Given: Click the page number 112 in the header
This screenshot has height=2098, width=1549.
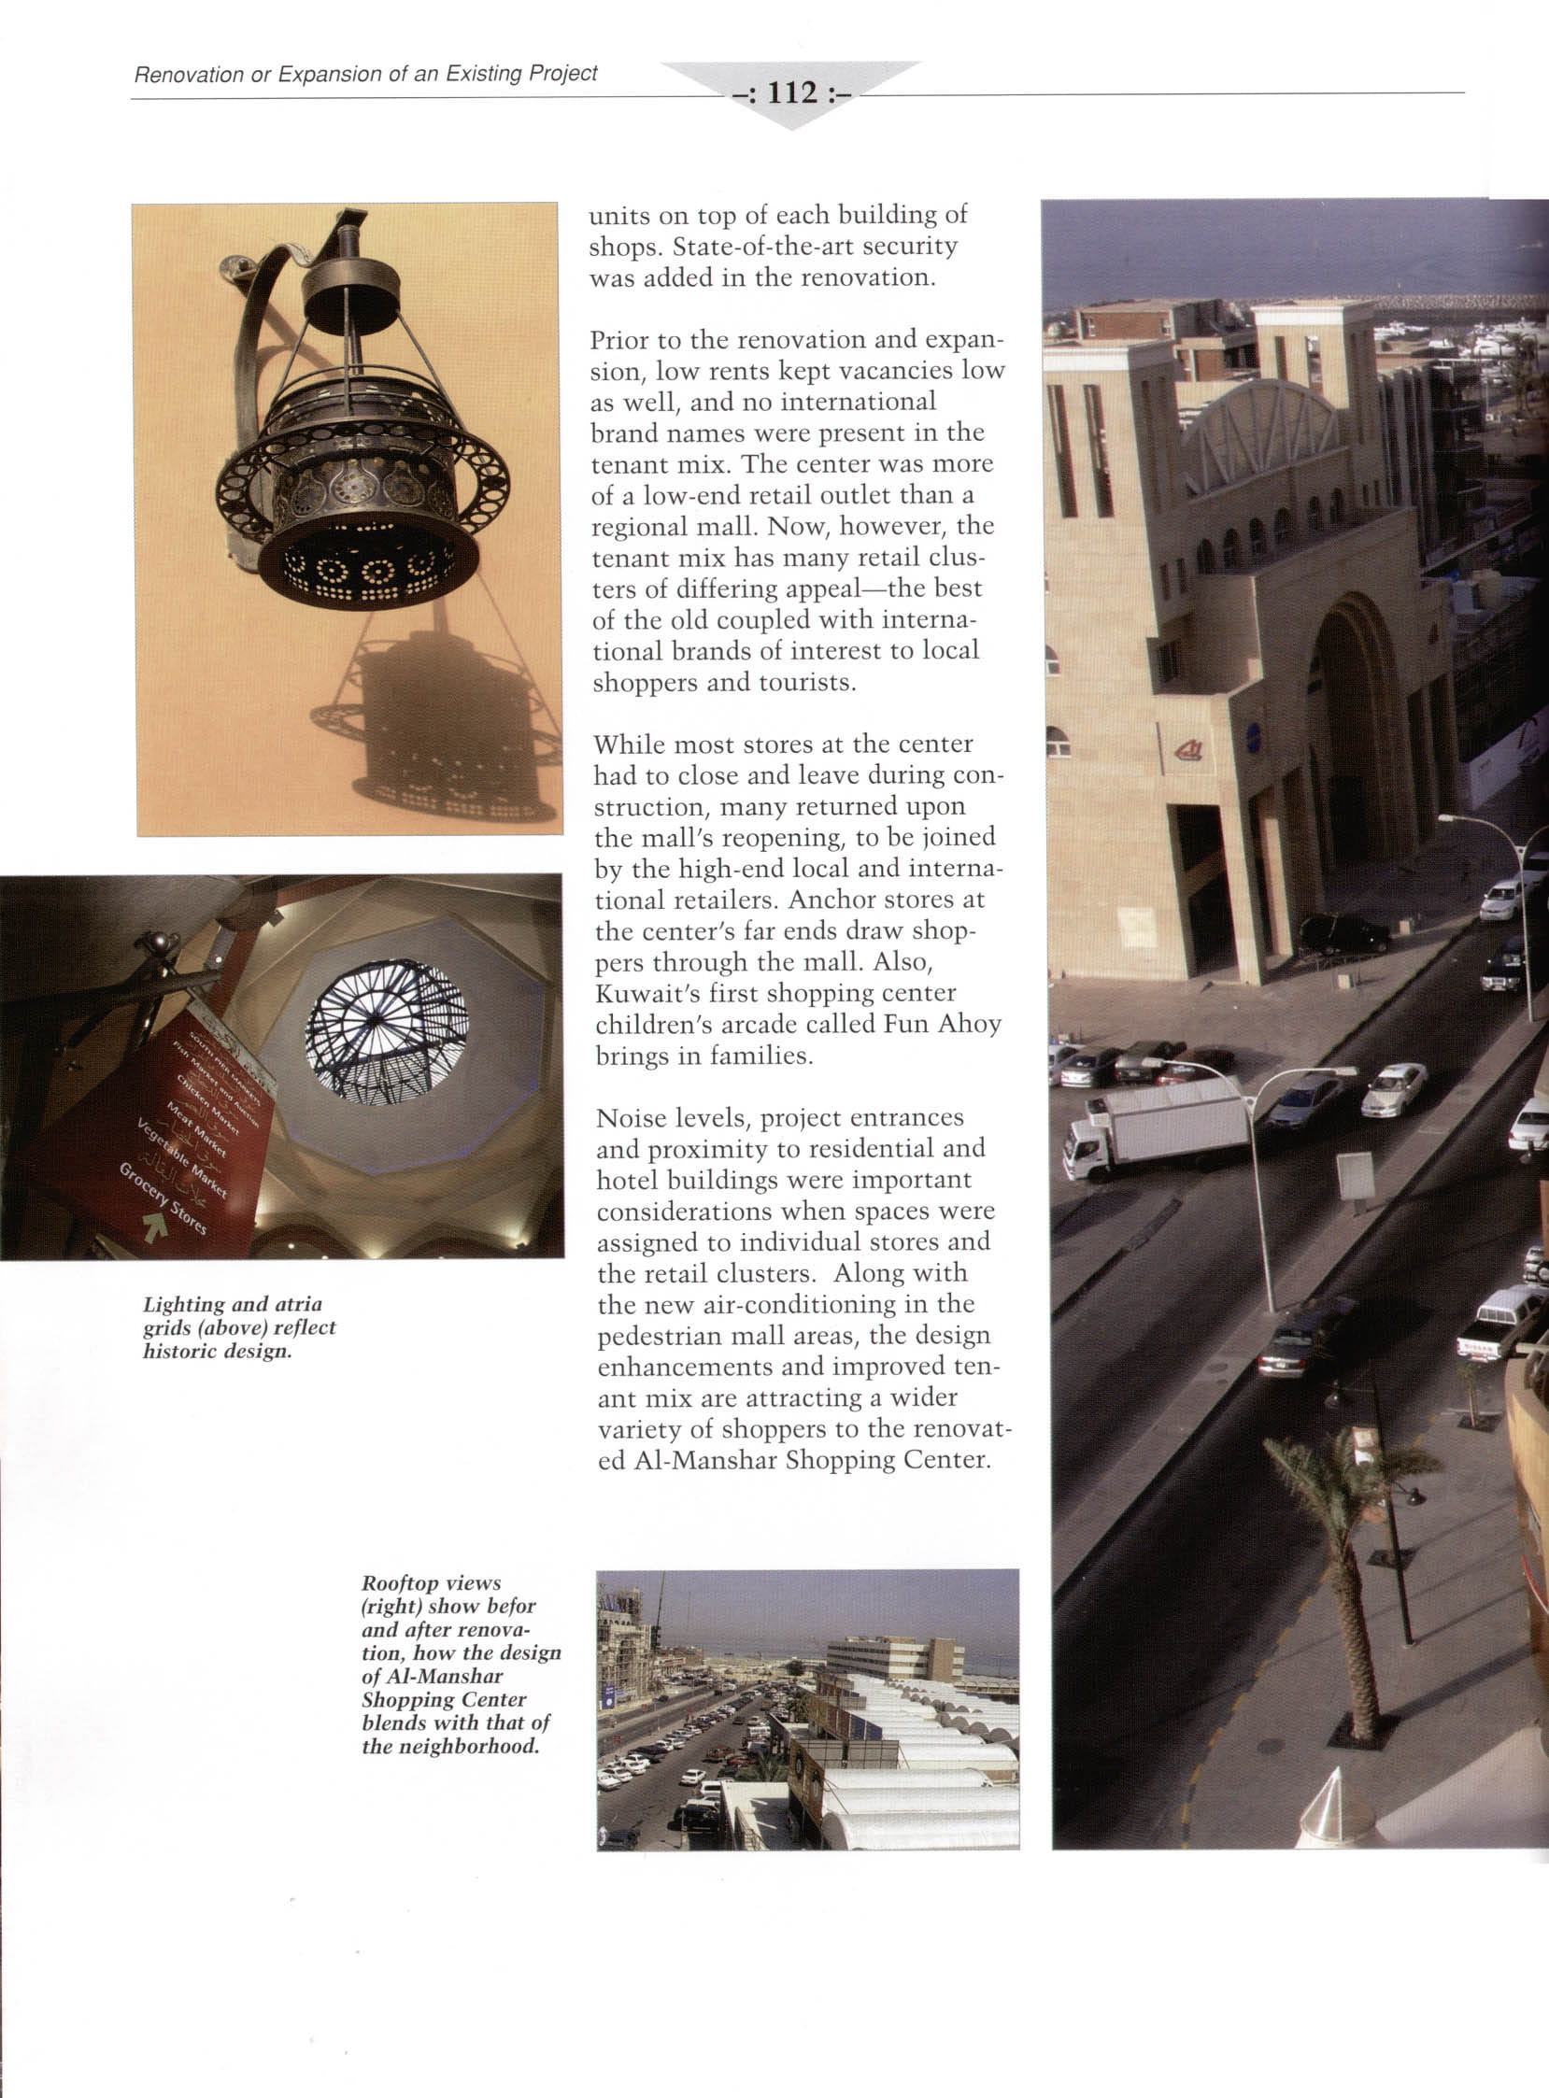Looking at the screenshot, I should click(x=793, y=92).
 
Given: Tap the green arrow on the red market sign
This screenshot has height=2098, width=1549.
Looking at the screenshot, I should click(x=156, y=1225).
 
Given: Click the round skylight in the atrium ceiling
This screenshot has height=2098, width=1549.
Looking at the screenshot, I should click(x=386, y=1031).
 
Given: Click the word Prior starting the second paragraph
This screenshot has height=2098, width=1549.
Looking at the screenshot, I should click(x=618, y=339).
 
